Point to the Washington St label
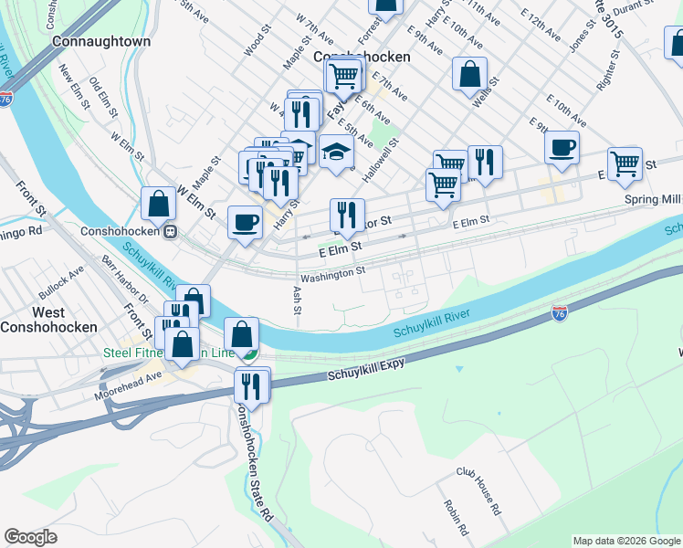tap(332, 271)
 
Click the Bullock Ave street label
tap(62, 282)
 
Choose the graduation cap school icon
tap(336, 152)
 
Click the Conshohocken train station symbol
tap(170, 232)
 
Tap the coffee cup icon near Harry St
tap(244, 222)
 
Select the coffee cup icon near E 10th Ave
tap(562, 146)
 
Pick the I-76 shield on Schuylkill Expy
tap(559, 313)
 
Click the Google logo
tap(30, 537)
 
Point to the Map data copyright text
tap(626, 541)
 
